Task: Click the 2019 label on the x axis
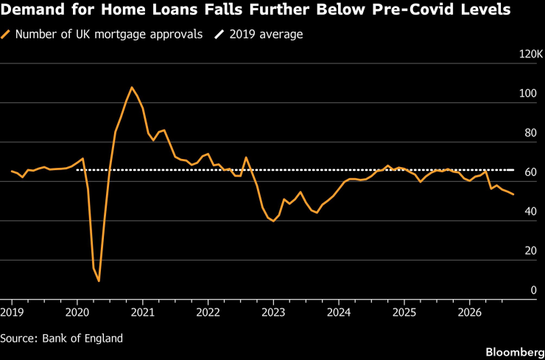[x=12, y=312]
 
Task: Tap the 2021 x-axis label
[x=142, y=312]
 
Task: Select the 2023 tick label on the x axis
[x=273, y=312]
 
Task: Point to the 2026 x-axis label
[x=469, y=312]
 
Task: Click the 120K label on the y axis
[x=530, y=54]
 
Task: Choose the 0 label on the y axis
[x=533, y=291]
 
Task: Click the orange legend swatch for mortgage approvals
[x=6, y=35]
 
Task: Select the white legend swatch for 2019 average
[x=219, y=35]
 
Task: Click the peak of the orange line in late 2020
[x=131, y=87]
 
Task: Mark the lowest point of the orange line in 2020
[x=99, y=280]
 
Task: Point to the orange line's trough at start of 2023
[x=273, y=221]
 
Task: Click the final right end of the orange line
[x=513, y=194]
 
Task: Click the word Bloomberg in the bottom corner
[x=515, y=353]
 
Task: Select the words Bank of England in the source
[x=82, y=338]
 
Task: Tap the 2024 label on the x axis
[x=339, y=312]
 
